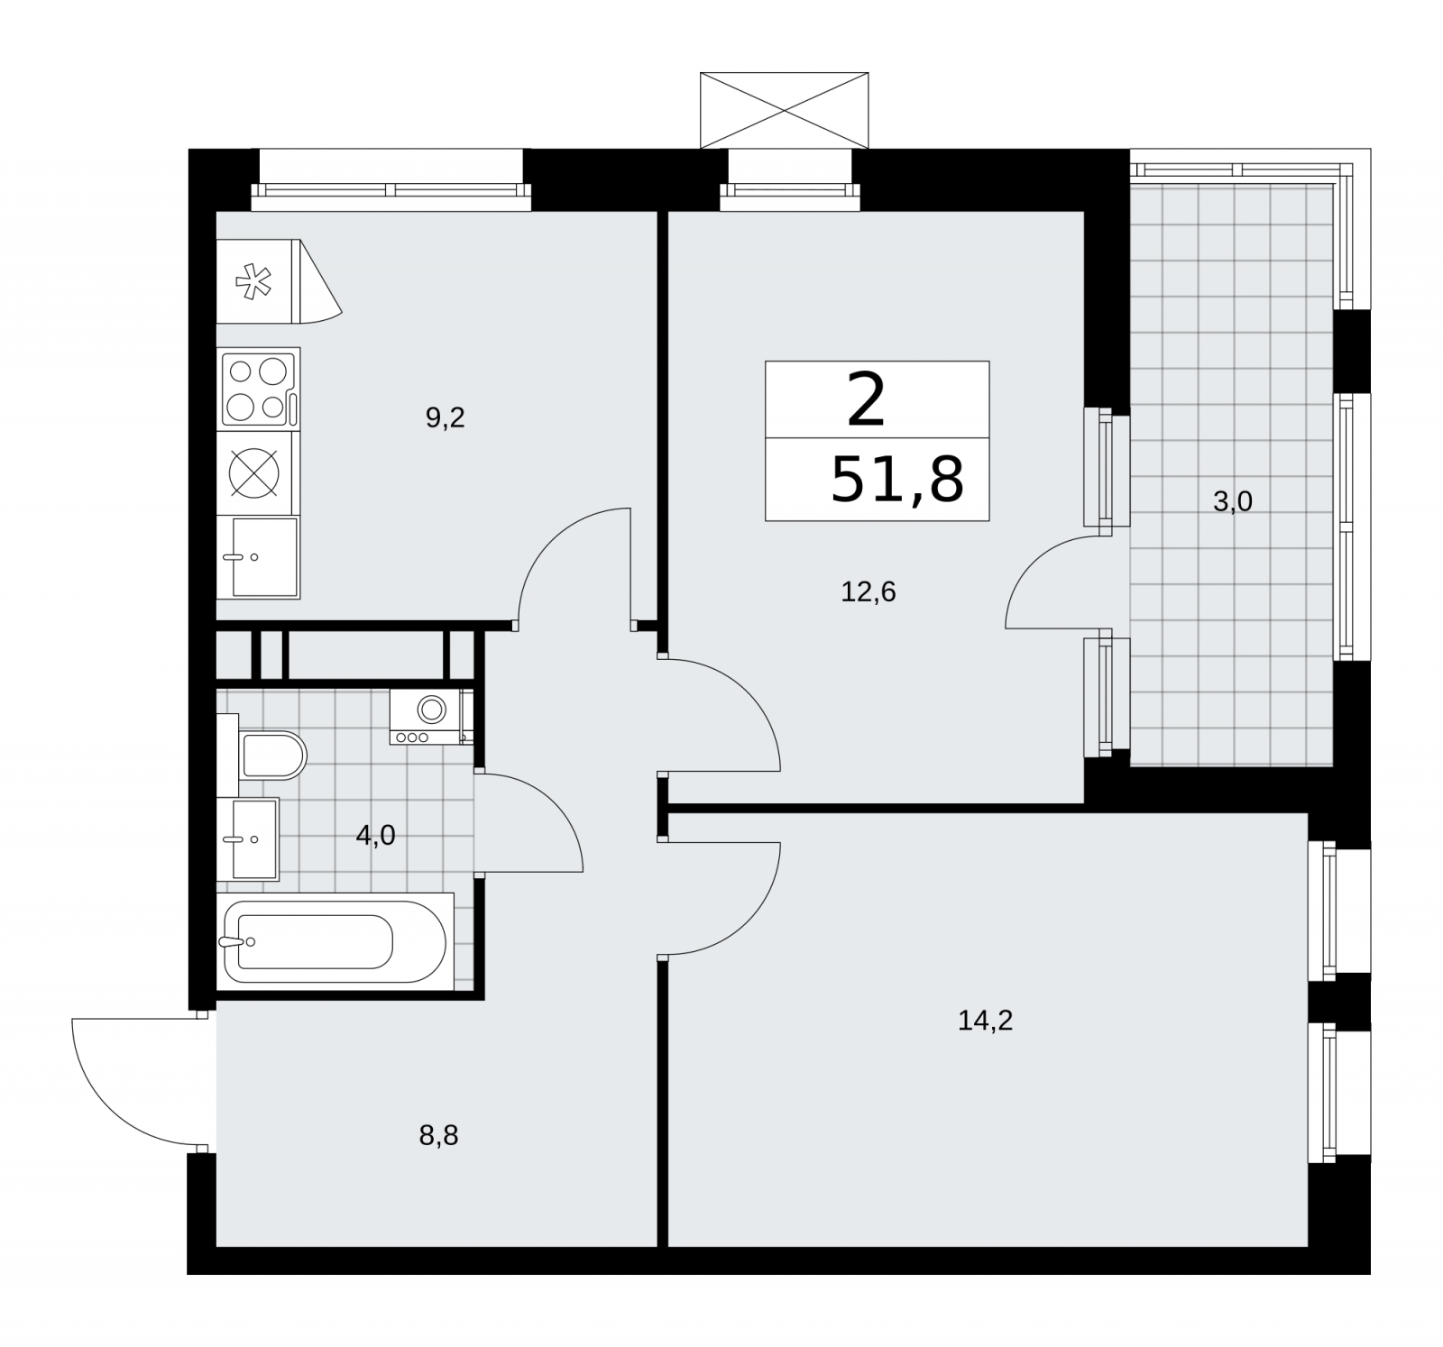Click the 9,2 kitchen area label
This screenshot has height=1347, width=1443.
[445, 418]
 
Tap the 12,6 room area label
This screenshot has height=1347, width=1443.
[868, 592]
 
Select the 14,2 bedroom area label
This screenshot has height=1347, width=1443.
[986, 1021]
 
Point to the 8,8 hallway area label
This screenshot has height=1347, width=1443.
[438, 1135]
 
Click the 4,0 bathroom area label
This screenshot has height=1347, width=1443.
[375, 836]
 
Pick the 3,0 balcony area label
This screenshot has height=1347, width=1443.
[1233, 502]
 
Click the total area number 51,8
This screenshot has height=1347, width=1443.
[896, 480]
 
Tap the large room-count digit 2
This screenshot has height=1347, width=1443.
[866, 401]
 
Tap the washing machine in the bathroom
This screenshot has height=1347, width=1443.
[431, 717]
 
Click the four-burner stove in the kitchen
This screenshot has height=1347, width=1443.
[258, 389]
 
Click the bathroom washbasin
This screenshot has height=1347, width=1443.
[249, 838]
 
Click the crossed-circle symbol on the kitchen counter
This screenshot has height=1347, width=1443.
[253, 472]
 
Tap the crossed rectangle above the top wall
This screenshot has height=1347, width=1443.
[785, 110]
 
